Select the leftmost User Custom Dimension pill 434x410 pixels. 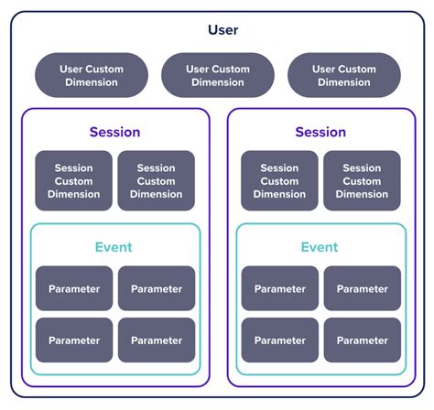tap(91, 75)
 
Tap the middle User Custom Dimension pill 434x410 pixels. tap(217, 75)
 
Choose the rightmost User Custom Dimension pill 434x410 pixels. tap(343, 75)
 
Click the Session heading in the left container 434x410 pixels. tap(114, 132)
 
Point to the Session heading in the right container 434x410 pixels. tap(320, 132)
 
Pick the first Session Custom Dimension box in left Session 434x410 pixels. tap(74, 181)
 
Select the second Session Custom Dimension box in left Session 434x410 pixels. tap(157, 181)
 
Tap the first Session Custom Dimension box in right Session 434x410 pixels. tap(280, 181)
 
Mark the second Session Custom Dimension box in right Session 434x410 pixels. tap(363, 181)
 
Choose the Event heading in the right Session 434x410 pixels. tap(320, 247)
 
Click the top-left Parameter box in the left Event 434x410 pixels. tap(74, 288)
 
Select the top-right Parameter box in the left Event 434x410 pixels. tap(157, 288)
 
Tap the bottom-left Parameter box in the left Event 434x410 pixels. tap(74, 340)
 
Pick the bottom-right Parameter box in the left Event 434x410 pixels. tap(157, 340)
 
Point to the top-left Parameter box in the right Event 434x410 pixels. tap(280, 288)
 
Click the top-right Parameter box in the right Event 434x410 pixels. tap(363, 288)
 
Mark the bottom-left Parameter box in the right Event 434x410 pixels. tap(280, 340)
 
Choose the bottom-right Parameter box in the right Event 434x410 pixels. tap(363, 340)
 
